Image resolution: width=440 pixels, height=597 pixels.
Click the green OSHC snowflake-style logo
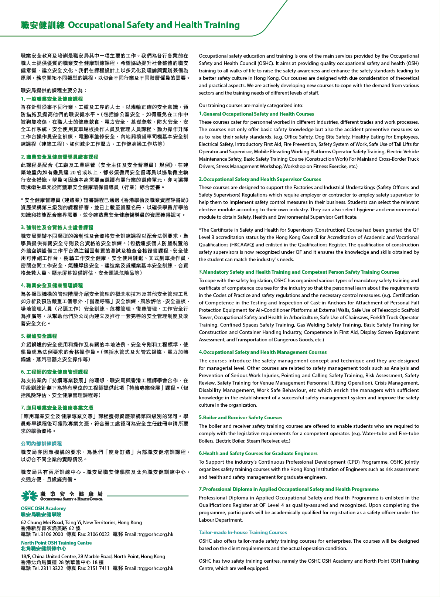(x=29, y=496)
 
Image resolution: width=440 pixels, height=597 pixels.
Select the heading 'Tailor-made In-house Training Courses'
(x=243, y=532)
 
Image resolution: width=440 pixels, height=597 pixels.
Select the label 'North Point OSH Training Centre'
(x=56, y=543)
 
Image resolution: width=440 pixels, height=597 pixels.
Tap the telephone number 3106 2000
(x=52, y=534)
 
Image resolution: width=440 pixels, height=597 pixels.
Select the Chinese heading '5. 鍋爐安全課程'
(x=39, y=336)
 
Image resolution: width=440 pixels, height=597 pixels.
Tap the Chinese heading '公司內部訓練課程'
(x=41, y=443)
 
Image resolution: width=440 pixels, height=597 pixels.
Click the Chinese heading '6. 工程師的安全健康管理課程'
(x=54, y=372)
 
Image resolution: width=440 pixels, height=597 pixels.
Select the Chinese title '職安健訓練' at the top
(x=43, y=25)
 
